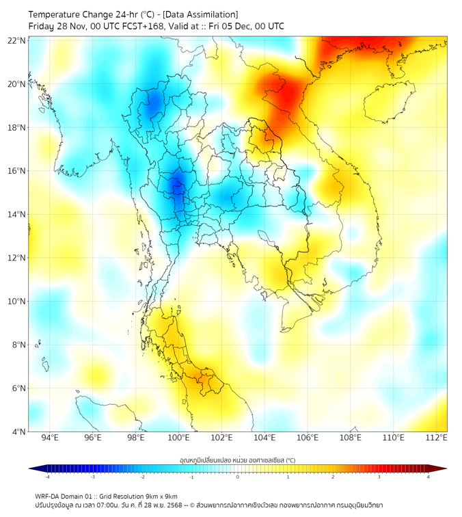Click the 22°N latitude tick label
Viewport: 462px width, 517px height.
(16, 40)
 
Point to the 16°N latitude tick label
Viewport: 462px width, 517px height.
(16, 171)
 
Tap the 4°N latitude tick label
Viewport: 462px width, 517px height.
(18, 432)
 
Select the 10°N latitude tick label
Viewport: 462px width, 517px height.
(16, 302)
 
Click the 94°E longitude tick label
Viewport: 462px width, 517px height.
(50, 438)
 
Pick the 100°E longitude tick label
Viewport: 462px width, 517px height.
(179, 438)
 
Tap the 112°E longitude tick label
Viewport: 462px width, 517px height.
(436, 438)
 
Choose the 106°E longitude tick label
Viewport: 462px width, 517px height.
(308, 438)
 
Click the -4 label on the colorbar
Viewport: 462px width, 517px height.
(47, 477)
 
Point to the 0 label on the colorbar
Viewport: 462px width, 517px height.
(238, 477)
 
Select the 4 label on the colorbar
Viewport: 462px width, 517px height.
(429, 477)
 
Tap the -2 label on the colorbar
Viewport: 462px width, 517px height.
(142, 477)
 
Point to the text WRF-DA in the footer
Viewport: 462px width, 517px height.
(48, 496)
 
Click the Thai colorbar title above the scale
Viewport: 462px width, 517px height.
(237, 460)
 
